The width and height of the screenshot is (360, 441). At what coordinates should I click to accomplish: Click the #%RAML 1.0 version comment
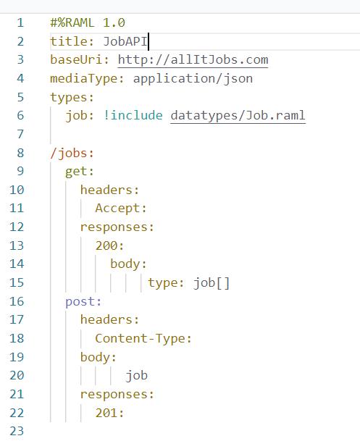pyautogui.click(x=88, y=22)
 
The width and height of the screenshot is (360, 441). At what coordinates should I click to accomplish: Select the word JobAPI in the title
pyautogui.click(x=125, y=41)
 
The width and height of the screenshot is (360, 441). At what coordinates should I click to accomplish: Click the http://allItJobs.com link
pyautogui.click(x=193, y=60)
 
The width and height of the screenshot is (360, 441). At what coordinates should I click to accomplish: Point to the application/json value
pyautogui.click(x=193, y=79)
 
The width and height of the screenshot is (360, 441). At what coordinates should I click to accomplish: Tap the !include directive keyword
pyautogui.click(x=133, y=115)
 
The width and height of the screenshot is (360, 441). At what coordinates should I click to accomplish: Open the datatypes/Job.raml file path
pyautogui.click(x=238, y=116)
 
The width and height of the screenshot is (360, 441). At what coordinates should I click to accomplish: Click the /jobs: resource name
pyautogui.click(x=72, y=154)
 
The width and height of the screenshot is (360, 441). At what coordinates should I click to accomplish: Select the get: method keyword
pyautogui.click(x=79, y=172)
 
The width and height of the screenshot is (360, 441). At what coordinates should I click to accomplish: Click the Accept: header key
pyautogui.click(x=121, y=209)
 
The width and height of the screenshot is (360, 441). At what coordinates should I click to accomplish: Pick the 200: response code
pyautogui.click(x=109, y=245)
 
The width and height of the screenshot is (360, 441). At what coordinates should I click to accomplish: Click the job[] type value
pyautogui.click(x=212, y=283)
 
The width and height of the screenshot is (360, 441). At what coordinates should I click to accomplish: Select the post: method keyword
pyautogui.click(x=83, y=301)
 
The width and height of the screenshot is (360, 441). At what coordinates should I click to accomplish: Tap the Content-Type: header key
pyautogui.click(x=143, y=338)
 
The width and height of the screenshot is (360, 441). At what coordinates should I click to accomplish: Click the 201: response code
pyautogui.click(x=109, y=413)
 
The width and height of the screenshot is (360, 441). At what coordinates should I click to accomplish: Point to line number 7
pyautogui.click(x=20, y=134)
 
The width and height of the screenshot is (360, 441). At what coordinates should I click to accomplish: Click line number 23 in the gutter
pyautogui.click(x=17, y=431)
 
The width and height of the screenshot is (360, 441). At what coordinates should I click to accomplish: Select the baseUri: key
pyautogui.click(x=80, y=60)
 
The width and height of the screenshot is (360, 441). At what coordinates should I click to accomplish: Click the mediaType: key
pyautogui.click(x=87, y=79)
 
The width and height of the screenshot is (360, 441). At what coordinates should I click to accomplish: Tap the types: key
pyautogui.click(x=72, y=98)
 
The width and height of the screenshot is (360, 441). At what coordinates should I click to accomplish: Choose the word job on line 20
pyautogui.click(x=136, y=376)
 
